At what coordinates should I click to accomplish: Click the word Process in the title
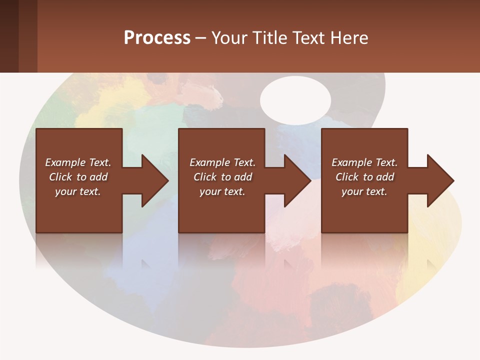[x=157, y=37]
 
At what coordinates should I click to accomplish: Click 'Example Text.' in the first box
[x=78, y=162]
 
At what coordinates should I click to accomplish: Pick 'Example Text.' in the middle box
[x=222, y=162]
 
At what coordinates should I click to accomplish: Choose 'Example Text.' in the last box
[x=364, y=162]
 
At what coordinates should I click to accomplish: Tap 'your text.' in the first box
[x=78, y=191]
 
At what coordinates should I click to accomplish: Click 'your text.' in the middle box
[x=222, y=191]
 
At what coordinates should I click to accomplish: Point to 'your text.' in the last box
[x=364, y=191]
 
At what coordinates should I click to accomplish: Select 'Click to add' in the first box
[x=78, y=177]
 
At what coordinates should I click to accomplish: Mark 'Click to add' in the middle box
[x=222, y=177]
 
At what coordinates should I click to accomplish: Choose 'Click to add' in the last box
[x=364, y=177]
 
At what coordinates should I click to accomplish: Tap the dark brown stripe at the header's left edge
[x=9, y=36]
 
